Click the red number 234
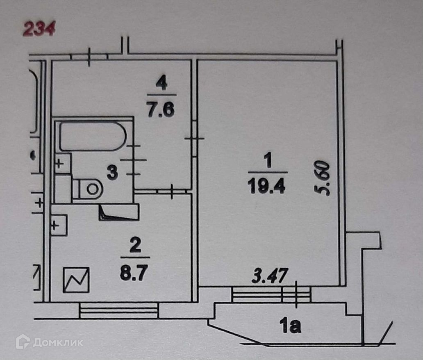pos(39,30)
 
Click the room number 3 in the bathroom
pos(112,172)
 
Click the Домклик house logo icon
pos(23,342)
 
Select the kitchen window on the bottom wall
pos(119,310)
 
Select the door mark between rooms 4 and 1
pos(194,139)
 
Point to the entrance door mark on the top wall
pos(90,57)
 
